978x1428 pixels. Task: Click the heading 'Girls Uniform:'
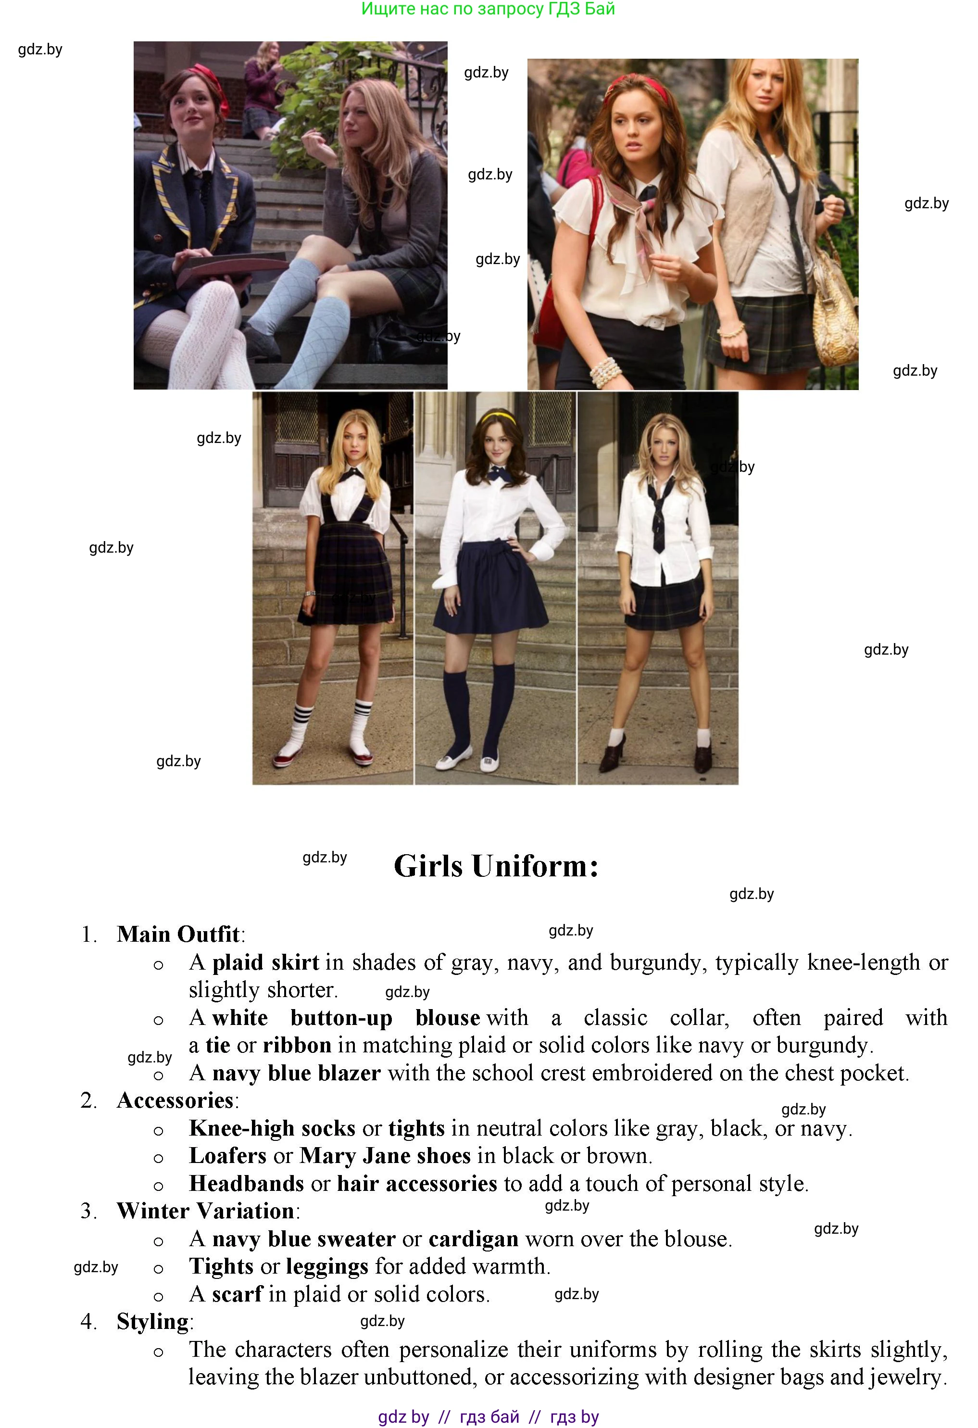[496, 866]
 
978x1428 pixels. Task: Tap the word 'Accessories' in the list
[175, 1100]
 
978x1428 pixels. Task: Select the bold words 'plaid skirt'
[265, 962]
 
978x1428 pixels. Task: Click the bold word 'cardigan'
[473, 1239]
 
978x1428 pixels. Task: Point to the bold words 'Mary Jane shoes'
[385, 1156]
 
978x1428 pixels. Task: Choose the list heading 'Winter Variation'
[205, 1211]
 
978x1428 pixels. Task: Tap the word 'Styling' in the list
[152, 1322]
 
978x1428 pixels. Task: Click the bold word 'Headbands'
[246, 1184]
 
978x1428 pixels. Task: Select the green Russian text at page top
[488, 9]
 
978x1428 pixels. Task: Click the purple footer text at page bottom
[489, 1416]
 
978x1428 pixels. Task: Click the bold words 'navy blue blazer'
[296, 1073]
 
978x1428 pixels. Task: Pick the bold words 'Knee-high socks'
[272, 1128]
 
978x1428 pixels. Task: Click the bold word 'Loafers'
[228, 1156]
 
